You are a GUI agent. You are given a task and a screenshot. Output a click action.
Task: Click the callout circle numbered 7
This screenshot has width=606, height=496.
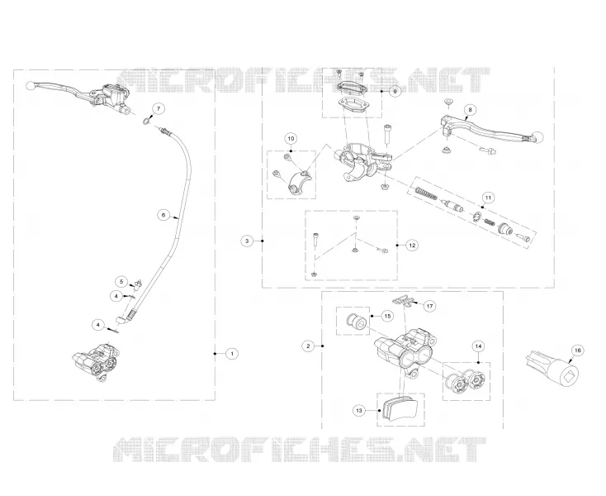pyautogui.click(x=158, y=109)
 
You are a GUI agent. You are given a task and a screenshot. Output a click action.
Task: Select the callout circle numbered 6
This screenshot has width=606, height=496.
pyautogui.click(x=163, y=215)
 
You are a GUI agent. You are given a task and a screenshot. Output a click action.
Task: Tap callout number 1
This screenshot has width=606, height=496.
pyautogui.click(x=232, y=353)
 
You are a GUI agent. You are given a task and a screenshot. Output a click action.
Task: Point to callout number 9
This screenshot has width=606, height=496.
pyautogui.click(x=395, y=92)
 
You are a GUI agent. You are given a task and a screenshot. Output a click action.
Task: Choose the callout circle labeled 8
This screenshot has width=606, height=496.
pyautogui.click(x=470, y=109)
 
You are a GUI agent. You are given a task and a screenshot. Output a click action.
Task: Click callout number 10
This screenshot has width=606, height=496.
pyautogui.click(x=291, y=139)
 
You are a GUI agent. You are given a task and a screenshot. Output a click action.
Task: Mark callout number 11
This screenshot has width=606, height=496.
pyautogui.click(x=488, y=198)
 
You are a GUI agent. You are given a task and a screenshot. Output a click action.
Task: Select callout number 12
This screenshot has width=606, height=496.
pyautogui.click(x=412, y=245)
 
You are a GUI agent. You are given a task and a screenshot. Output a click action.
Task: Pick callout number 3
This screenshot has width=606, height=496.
pyautogui.click(x=248, y=241)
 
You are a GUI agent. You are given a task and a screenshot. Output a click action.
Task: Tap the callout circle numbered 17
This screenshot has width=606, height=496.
pyautogui.click(x=429, y=306)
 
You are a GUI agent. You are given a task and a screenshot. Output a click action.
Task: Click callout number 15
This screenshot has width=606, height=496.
pyautogui.click(x=387, y=316)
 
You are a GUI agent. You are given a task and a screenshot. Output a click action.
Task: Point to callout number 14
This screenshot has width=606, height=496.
pyautogui.click(x=479, y=346)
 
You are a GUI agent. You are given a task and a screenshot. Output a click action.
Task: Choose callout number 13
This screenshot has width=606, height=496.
pyautogui.click(x=359, y=410)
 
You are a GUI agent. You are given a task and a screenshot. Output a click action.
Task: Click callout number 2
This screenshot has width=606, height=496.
pyautogui.click(x=308, y=346)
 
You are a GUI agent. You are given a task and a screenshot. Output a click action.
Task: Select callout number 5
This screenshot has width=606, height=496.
pyautogui.click(x=121, y=281)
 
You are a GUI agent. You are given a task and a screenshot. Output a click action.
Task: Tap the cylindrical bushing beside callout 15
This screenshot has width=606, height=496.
pyautogui.click(x=356, y=322)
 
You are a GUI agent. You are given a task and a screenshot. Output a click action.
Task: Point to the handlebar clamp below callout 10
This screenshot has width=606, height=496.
pyautogui.click(x=300, y=181)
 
